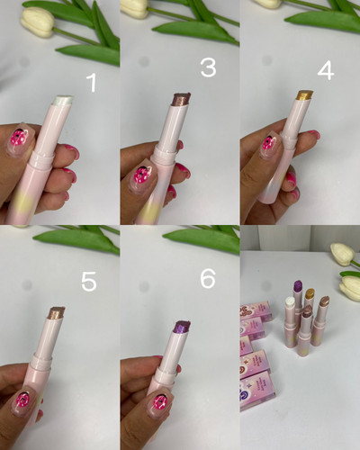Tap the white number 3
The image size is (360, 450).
(209, 67)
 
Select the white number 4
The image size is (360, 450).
(326, 71)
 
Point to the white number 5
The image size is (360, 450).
(89, 282)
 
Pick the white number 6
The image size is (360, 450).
(208, 278)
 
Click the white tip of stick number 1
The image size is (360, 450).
(64, 100)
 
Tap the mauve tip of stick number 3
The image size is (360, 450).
(181, 99)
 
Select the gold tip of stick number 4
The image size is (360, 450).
(305, 95)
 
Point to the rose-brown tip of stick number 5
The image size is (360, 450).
(57, 312)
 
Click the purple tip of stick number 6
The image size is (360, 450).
(182, 327)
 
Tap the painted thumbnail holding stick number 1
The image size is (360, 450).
(21, 139)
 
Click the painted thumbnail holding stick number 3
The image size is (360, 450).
(142, 176)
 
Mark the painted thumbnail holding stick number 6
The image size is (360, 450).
(158, 401)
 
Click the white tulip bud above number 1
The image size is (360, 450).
(38, 22)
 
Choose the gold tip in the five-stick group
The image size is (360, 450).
(310, 293)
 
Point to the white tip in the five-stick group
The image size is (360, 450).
(290, 301)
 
